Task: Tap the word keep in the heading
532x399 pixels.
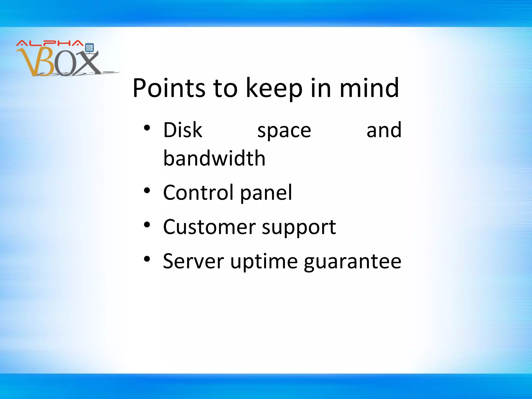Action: [274, 88]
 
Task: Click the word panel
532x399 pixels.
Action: [266, 193]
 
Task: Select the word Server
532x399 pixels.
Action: [193, 261]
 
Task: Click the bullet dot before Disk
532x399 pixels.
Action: [147, 128]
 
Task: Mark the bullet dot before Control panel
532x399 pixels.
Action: [147, 191]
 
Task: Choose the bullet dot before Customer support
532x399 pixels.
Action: [147, 225]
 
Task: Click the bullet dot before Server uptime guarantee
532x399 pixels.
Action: [147, 259]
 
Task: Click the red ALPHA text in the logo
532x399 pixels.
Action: [49, 43]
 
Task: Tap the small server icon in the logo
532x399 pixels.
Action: [89, 48]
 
